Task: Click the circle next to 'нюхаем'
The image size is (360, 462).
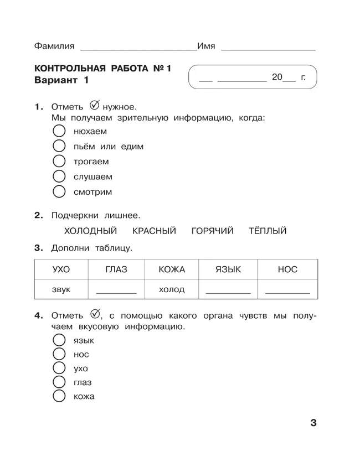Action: click(x=59, y=132)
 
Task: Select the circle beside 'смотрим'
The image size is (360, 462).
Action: click(x=59, y=192)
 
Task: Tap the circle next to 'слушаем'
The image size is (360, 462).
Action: click(x=59, y=177)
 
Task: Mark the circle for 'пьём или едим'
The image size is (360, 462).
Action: click(x=59, y=147)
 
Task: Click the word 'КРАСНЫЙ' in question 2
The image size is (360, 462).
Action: click(x=154, y=231)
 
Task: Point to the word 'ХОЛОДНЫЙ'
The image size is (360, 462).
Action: click(x=91, y=231)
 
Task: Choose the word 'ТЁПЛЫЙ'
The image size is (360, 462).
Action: click(x=268, y=231)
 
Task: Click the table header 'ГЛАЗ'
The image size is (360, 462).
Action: click(x=116, y=269)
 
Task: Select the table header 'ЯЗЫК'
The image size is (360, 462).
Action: click(x=228, y=269)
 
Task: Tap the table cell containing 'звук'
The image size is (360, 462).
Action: click(x=61, y=289)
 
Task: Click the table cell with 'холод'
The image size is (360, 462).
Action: click(x=172, y=289)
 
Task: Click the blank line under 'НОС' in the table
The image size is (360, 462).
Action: click(x=287, y=292)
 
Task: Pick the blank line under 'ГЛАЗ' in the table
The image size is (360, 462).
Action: click(x=116, y=292)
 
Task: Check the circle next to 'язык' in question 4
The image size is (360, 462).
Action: click(x=59, y=340)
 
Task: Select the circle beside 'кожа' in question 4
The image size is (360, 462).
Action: click(x=59, y=396)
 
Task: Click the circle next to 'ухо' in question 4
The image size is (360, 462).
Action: click(x=59, y=368)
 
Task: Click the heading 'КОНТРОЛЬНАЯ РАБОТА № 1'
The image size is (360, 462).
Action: click(x=103, y=69)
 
